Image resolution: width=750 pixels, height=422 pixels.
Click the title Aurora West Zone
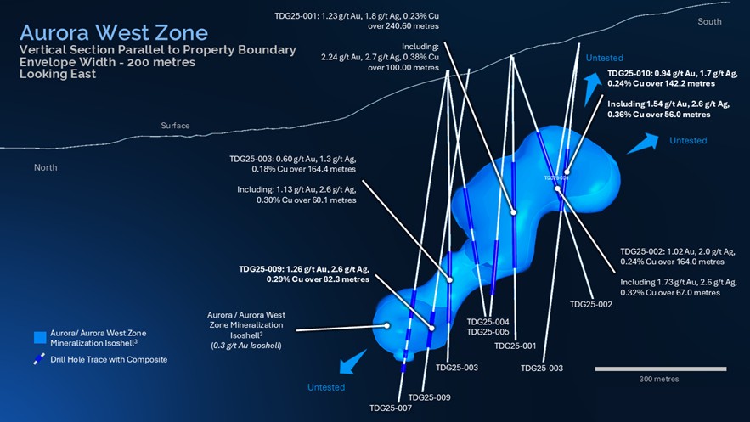tap(113, 33)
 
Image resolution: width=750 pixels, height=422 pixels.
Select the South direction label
tap(709, 21)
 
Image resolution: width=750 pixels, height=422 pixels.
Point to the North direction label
tap(45, 167)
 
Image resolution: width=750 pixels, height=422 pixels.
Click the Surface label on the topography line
tap(175, 126)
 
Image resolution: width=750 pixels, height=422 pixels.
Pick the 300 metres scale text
tap(659, 379)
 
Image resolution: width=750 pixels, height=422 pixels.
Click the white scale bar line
tap(660, 369)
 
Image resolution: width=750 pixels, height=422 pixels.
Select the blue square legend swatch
tap(39, 337)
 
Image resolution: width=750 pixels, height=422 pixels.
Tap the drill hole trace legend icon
tap(39, 359)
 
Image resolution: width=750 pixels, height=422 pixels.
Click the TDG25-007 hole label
tap(391, 408)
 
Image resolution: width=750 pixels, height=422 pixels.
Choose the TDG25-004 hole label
tap(488, 322)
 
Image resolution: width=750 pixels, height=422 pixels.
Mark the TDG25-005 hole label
tap(488, 332)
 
